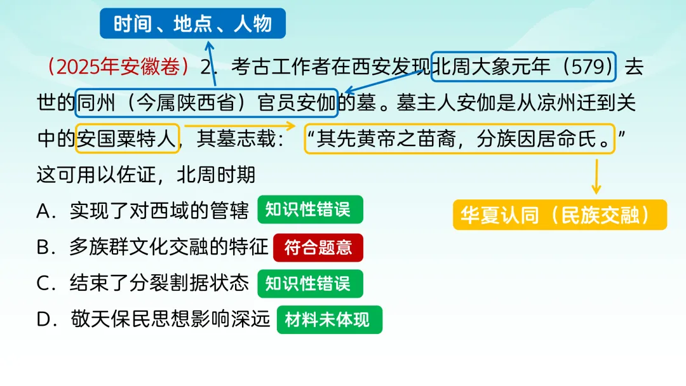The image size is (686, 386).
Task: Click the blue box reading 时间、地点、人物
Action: (192, 23)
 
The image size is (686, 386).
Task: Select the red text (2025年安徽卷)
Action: (118, 67)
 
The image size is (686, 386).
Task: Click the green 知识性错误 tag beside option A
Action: (310, 210)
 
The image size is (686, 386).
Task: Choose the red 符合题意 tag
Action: (318, 248)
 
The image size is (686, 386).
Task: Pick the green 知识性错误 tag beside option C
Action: (310, 283)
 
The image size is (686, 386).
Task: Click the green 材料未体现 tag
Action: (330, 319)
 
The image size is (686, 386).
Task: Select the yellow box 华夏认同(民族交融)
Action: (560, 215)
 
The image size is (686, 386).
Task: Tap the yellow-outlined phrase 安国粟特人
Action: (127, 138)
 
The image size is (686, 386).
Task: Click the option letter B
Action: (43, 248)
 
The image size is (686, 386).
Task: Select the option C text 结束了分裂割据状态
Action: (159, 283)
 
